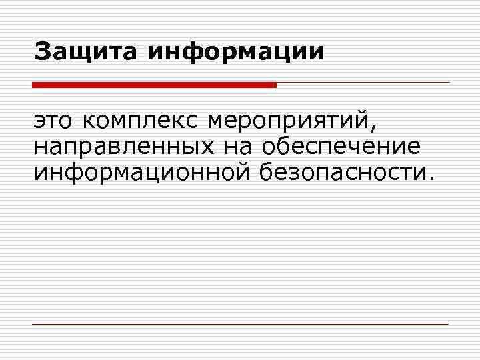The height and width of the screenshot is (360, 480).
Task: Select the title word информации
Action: tap(236, 52)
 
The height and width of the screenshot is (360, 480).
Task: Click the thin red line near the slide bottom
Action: tap(240, 325)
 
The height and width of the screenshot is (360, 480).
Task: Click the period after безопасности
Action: tap(429, 178)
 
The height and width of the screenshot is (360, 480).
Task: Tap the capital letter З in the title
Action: tap(43, 51)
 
